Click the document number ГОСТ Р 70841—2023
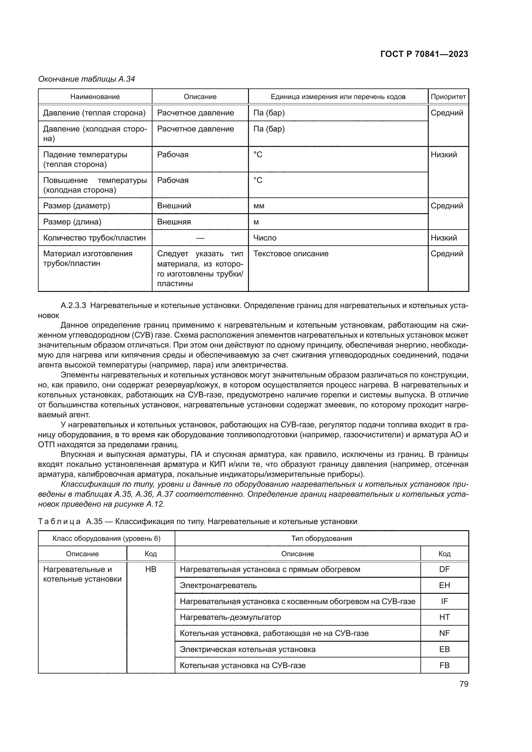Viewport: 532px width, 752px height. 424,54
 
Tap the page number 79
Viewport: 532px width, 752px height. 464,684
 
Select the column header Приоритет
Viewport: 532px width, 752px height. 448,97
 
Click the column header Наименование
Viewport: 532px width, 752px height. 95,97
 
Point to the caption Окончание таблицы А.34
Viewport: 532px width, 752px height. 87,79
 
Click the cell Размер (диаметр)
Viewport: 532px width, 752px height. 77,206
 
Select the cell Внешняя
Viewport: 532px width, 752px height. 174,222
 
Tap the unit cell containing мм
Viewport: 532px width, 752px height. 259,206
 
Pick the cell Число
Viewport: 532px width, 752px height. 265,238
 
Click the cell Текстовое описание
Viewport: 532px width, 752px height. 291,254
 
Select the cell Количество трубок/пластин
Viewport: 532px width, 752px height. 94,238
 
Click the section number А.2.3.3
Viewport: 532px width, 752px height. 73,305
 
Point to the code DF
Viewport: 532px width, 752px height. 444,569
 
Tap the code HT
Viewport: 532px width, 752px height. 444,617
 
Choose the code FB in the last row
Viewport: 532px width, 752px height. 444,665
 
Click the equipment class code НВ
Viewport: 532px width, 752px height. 151,569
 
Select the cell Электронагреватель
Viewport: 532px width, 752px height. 218,585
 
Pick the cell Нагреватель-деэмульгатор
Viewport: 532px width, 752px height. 230,617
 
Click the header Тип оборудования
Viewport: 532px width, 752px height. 321,539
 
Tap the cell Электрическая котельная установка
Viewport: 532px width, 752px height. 248,649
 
